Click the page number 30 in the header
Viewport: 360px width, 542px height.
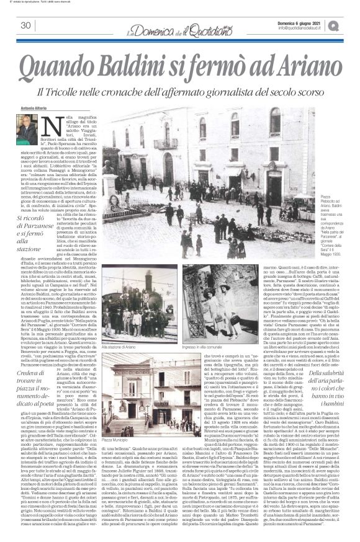26,25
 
